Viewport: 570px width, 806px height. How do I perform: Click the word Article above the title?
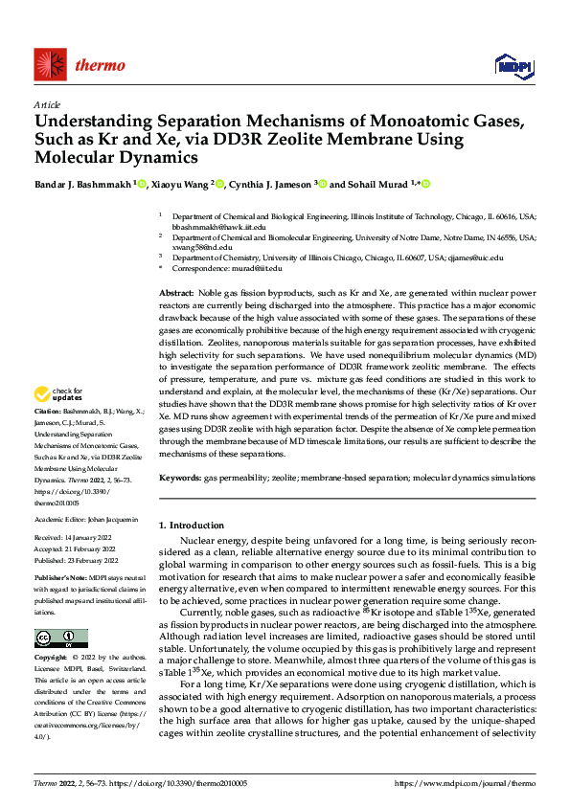click(47, 104)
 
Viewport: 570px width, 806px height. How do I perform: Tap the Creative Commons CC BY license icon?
click(60, 639)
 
